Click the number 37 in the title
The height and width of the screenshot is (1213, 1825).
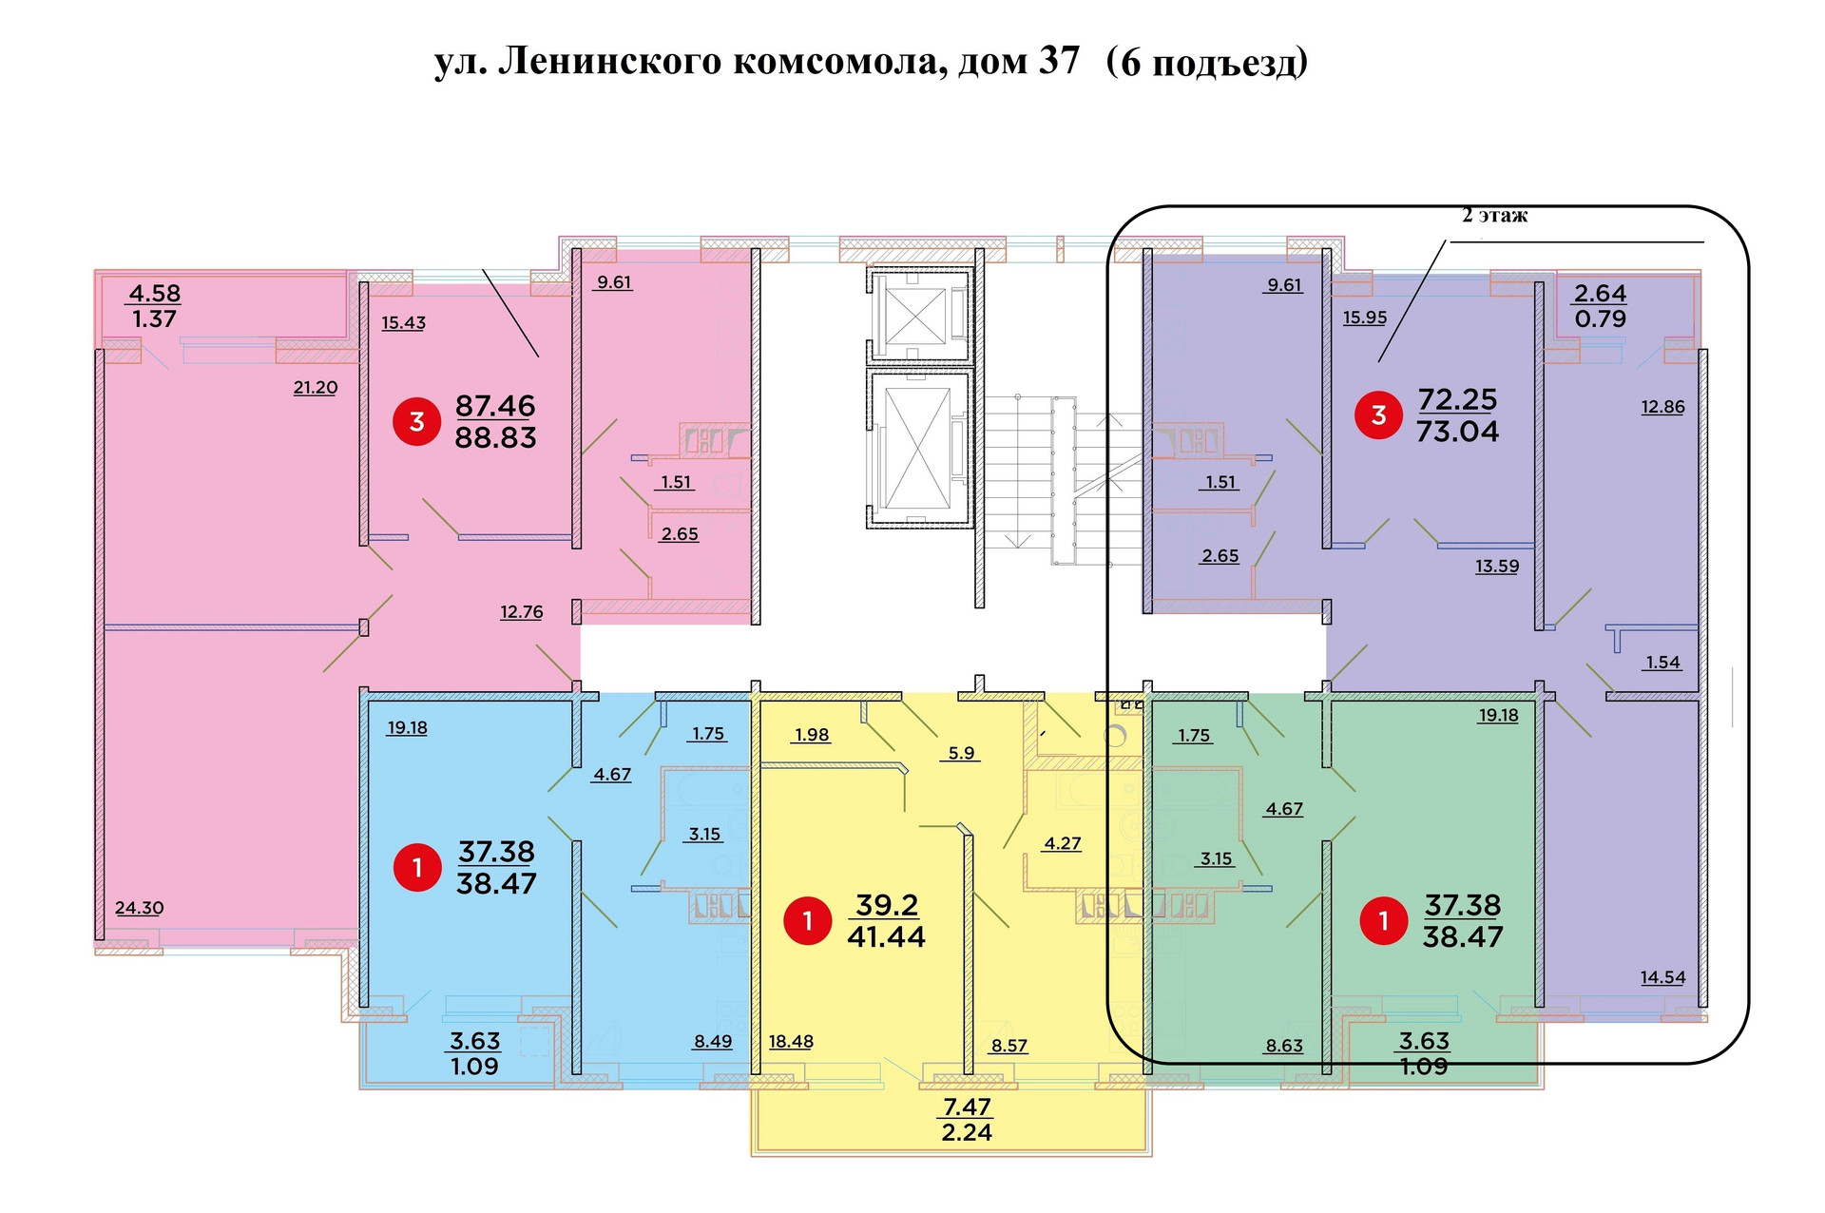point(1058,61)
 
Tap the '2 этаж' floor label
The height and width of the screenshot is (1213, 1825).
point(1494,216)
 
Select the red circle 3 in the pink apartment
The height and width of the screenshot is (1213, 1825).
point(416,421)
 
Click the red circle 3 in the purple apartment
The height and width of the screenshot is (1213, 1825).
point(1378,415)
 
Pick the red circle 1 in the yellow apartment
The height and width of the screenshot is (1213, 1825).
point(807,920)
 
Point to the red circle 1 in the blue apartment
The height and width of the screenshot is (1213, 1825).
point(416,867)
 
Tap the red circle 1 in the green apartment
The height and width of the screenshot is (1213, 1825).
point(1383,920)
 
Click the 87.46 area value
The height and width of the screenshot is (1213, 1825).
point(495,406)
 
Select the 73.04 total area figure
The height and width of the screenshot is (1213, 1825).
point(1457,432)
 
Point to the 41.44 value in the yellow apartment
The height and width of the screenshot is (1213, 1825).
point(886,936)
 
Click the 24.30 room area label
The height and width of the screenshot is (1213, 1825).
point(139,908)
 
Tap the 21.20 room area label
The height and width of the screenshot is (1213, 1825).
point(315,388)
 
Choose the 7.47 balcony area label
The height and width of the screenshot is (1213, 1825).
point(967,1107)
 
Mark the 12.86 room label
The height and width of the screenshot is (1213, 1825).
point(1662,407)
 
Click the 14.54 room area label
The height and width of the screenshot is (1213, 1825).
point(1662,977)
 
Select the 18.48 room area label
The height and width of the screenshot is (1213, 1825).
point(791,1042)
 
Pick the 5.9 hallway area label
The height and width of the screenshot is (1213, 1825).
point(961,753)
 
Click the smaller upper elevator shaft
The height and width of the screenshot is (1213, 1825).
point(916,315)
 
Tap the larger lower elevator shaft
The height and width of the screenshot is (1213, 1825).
point(916,448)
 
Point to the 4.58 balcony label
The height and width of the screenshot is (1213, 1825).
point(155,294)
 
